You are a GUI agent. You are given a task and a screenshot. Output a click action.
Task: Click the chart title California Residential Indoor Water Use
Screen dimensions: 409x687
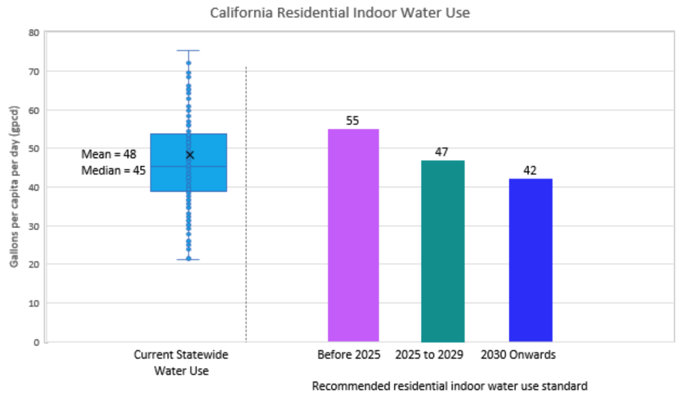point(340,13)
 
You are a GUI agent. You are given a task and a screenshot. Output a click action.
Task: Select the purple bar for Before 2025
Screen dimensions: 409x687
point(353,235)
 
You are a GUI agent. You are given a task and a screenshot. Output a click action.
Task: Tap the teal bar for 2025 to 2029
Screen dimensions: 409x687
point(443,251)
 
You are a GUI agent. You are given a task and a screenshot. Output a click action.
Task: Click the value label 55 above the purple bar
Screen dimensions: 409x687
point(352,121)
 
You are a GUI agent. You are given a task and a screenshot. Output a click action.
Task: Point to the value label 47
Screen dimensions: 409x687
point(441,152)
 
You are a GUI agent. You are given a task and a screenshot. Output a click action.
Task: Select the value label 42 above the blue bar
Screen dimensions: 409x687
point(530,170)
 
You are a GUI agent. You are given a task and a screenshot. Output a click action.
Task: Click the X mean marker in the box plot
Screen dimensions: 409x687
point(190,155)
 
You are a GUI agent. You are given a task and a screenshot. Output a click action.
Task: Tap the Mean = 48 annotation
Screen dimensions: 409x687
point(109,154)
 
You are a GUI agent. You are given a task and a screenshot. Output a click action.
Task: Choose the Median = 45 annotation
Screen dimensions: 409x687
point(113,170)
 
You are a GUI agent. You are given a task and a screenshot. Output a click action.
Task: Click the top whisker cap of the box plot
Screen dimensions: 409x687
point(188,51)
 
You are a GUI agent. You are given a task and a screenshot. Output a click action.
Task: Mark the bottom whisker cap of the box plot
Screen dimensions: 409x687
point(188,260)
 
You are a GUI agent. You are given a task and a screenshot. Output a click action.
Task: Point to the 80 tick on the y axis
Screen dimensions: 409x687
point(34,33)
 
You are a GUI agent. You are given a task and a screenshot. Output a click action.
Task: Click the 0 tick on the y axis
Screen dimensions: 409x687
point(36,342)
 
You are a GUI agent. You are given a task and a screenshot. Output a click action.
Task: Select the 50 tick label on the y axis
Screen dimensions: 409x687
point(34,149)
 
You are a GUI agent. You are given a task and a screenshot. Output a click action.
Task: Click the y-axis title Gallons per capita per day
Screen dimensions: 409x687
point(14,187)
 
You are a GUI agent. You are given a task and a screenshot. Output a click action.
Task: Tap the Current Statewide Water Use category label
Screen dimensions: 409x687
point(181,362)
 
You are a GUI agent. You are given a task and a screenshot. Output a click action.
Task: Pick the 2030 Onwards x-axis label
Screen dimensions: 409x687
point(518,355)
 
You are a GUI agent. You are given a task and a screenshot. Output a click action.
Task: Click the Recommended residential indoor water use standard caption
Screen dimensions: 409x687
point(450,386)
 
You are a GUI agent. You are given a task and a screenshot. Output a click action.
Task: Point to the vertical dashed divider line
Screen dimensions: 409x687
point(246,201)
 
